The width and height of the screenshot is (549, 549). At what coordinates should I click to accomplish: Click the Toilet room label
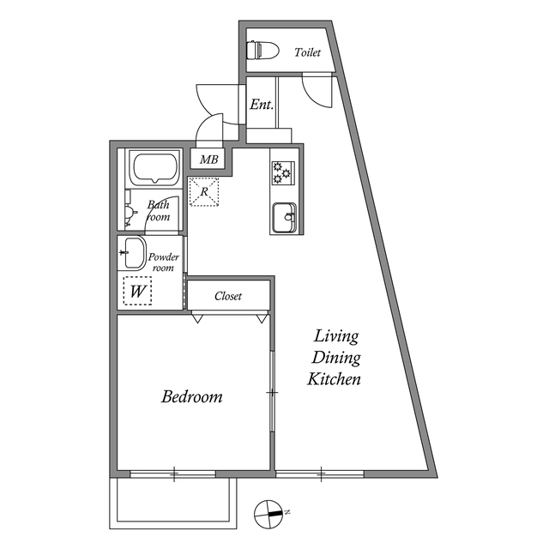[307, 52]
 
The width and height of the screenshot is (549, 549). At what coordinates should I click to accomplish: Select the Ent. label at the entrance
[261, 105]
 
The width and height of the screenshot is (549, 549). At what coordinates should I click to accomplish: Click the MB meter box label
[209, 159]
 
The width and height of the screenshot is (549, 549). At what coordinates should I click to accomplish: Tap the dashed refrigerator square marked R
[204, 191]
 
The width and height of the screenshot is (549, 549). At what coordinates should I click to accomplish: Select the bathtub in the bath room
[154, 168]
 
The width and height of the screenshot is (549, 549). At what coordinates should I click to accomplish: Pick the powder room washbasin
[133, 253]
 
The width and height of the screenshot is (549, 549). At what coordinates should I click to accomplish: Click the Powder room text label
[163, 262]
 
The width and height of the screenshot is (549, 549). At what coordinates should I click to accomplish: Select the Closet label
[228, 296]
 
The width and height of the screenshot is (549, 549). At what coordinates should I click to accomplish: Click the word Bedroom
[192, 397]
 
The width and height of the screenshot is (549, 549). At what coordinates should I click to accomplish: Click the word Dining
[335, 358]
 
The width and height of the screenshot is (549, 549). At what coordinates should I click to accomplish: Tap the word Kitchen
[335, 379]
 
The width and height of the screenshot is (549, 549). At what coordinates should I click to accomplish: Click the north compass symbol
[270, 513]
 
